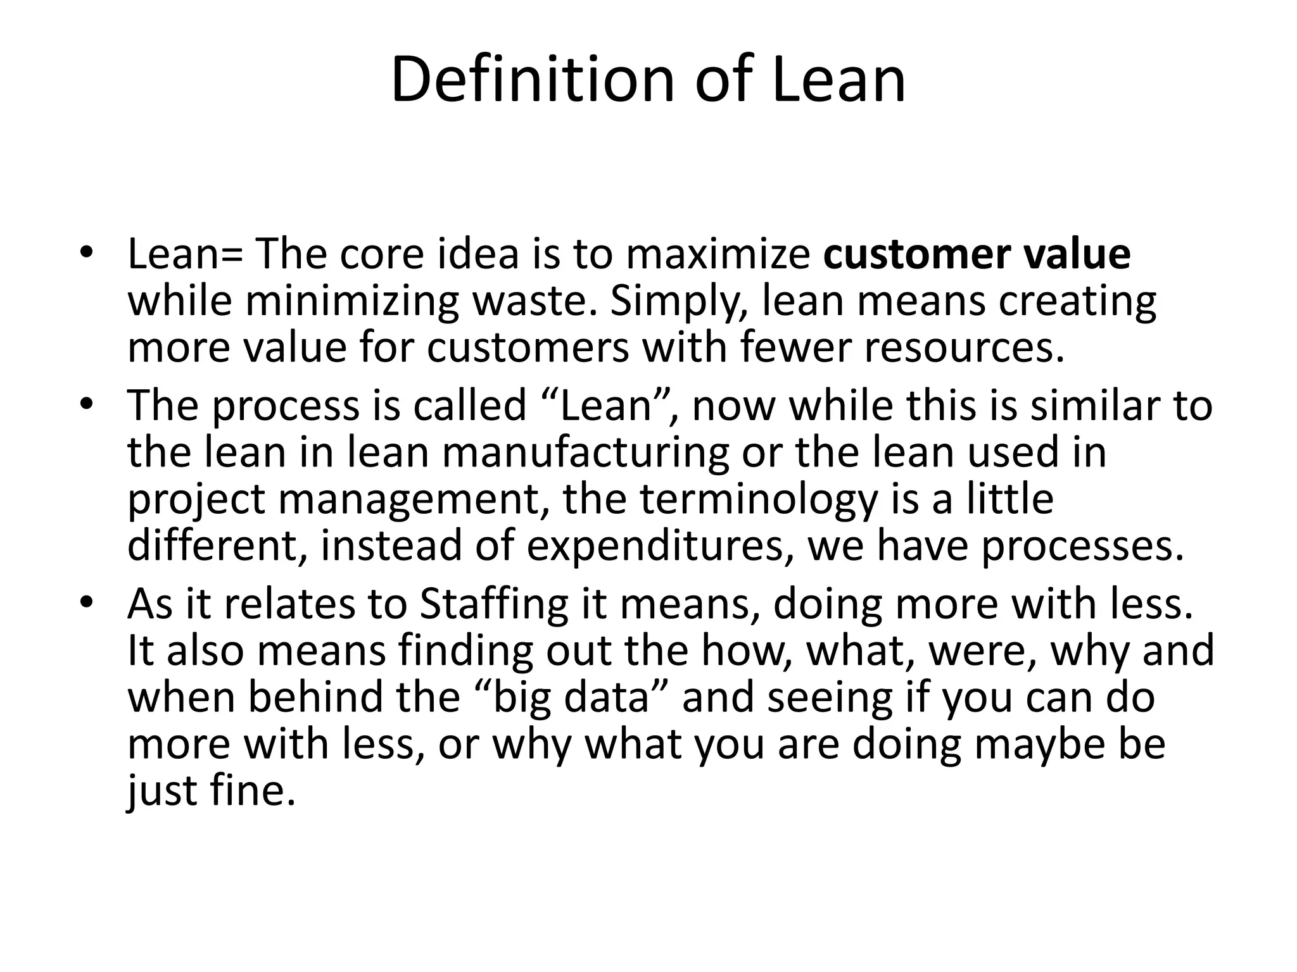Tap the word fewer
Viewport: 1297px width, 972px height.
[794, 348]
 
